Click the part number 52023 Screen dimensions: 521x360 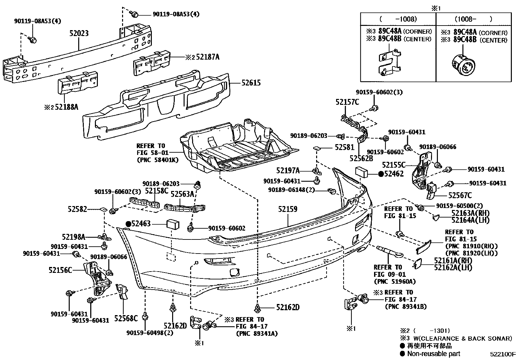click(x=79, y=33)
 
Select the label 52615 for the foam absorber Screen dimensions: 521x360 click(x=251, y=83)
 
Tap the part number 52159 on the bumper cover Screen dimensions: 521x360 click(x=288, y=209)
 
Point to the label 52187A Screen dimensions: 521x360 click(x=208, y=57)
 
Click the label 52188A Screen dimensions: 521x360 click(x=66, y=107)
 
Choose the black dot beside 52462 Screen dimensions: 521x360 click(x=381, y=174)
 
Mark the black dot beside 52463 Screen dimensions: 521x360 click(x=128, y=224)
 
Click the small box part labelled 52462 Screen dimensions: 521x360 click(x=361, y=172)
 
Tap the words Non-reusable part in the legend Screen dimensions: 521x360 click(x=434, y=354)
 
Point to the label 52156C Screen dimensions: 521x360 click(x=60, y=270)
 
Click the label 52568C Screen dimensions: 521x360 click(x=126, y=318)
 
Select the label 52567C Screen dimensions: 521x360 click(x=460, y=195)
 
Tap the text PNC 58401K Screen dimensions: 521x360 click(x=158, y=160)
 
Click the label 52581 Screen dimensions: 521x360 click(x=345, y=147)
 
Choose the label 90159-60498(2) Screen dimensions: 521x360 click(x=150, y=333)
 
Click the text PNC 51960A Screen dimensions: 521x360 click(x=394, y=281)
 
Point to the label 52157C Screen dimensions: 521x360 click(x=347, y=102)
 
